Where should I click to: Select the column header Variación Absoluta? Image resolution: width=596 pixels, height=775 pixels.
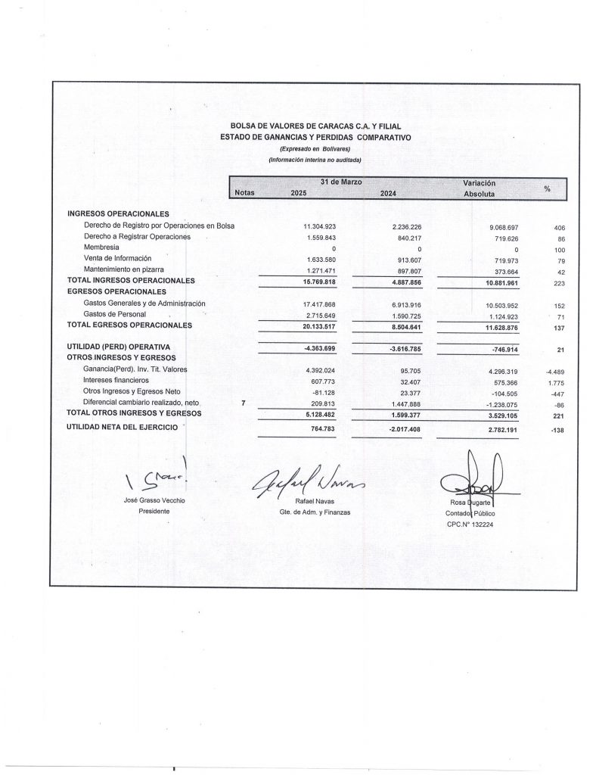point(479,188)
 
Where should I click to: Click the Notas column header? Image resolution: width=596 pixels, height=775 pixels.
point(245,194)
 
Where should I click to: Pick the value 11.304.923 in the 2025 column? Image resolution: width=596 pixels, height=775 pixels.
point(319,226)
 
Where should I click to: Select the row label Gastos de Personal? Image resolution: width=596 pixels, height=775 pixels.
point(115,313)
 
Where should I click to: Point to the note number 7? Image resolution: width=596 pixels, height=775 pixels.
point(243,403)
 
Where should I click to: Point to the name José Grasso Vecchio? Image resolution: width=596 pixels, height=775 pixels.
point(154,501)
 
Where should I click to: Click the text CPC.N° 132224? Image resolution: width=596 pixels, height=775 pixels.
point(470,524)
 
